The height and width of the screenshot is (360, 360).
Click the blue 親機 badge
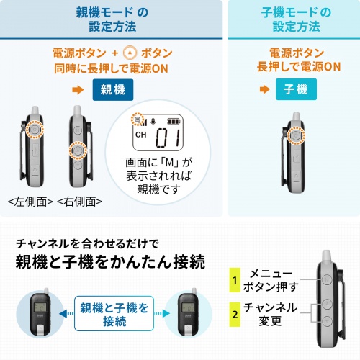114,90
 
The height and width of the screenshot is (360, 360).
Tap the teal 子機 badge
295,90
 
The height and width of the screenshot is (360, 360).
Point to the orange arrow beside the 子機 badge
264,90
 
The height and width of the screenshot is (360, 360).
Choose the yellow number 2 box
235,314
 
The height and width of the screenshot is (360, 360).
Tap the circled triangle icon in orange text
130,53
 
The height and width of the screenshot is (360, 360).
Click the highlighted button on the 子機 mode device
294,135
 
